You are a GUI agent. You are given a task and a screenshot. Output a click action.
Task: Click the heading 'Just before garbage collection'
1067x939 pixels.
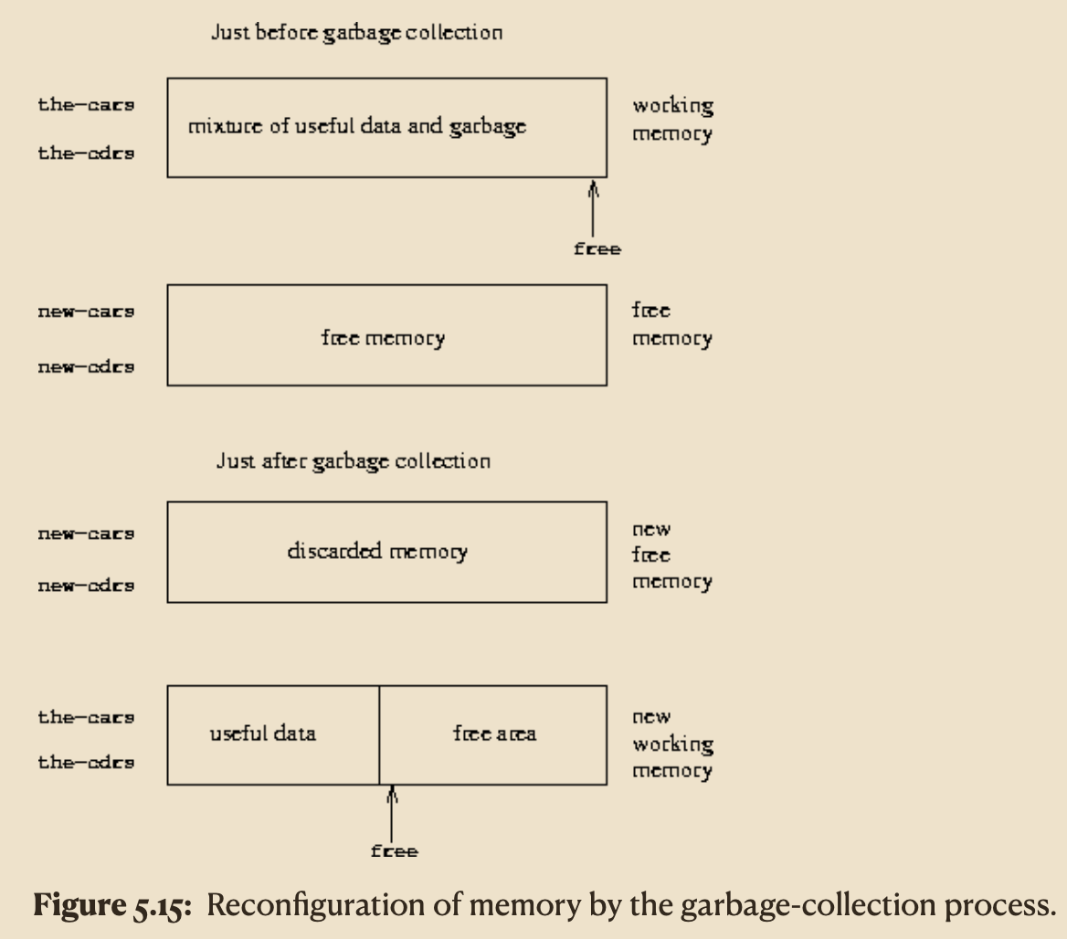pos(356,34)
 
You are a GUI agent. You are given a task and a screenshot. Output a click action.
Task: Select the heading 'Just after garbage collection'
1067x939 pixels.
pos(353,460)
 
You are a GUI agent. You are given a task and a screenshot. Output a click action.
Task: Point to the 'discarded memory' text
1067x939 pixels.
pos(376,552)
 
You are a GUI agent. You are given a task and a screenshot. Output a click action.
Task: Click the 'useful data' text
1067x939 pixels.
pos(263,733)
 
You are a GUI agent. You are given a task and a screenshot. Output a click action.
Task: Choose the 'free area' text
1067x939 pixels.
pos(494,733)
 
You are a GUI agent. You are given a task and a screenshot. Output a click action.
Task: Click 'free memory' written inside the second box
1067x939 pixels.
pos(383,338)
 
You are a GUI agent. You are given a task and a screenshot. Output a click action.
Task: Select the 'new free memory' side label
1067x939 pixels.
pos(671,555)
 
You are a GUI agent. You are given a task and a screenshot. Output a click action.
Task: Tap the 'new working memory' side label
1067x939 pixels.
pos(671,744)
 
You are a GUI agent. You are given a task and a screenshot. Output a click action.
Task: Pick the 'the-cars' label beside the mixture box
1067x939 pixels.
pos(86,105)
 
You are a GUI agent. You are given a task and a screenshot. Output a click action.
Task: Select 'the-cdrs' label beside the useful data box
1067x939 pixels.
pos(86,763)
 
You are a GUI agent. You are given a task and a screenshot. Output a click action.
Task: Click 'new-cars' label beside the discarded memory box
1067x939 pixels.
pos(86,533)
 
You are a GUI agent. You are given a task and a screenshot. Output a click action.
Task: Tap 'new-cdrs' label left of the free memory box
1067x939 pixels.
pos(86,367)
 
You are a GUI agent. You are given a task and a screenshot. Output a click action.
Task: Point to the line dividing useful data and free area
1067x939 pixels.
pos(379,734)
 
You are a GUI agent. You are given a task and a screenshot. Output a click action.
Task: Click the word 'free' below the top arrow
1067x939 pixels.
pos(597,249)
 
